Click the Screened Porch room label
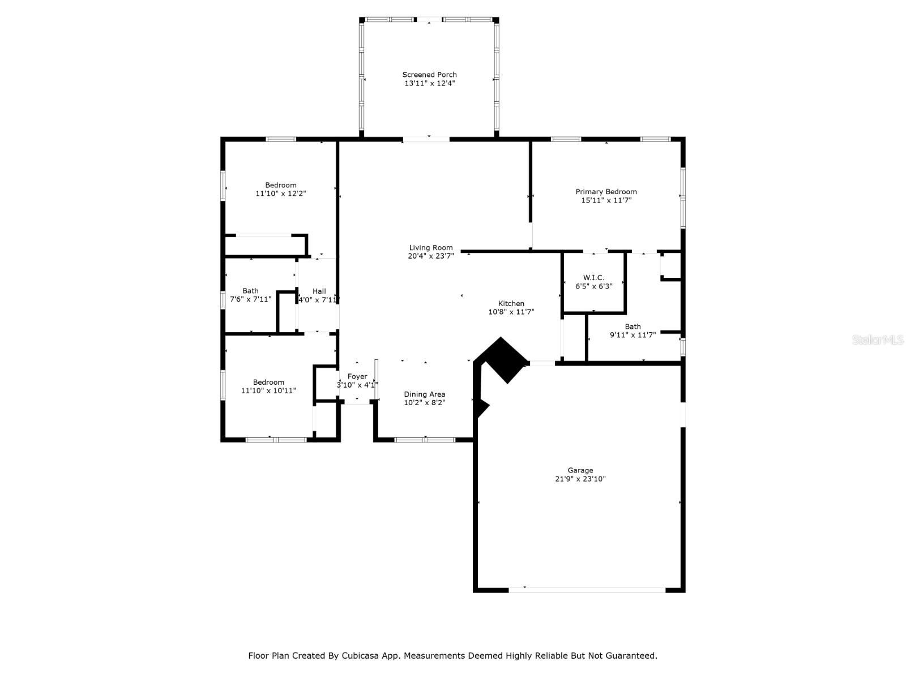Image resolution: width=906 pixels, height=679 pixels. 429,75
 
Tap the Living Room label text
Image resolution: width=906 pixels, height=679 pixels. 430,247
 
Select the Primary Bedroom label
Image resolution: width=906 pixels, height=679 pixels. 606,192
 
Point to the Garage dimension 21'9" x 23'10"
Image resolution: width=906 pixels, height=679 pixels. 580,479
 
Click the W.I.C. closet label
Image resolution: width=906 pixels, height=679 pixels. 593,277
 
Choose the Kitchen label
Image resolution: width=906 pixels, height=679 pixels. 511,303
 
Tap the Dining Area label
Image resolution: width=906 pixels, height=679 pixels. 424,394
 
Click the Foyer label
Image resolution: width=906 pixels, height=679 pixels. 357,376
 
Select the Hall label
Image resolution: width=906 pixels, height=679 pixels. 319,291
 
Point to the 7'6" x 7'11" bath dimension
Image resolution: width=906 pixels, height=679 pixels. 250,299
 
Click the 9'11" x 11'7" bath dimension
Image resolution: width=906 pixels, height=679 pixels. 633,335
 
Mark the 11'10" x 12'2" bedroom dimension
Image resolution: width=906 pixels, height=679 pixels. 281,194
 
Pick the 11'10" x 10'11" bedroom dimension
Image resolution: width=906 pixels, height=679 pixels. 268,390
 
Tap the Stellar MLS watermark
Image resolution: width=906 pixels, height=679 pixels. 877,339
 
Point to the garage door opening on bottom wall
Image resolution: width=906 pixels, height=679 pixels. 587,590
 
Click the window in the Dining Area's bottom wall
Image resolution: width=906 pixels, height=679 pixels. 425,440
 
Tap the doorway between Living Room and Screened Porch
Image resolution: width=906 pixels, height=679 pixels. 426,139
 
